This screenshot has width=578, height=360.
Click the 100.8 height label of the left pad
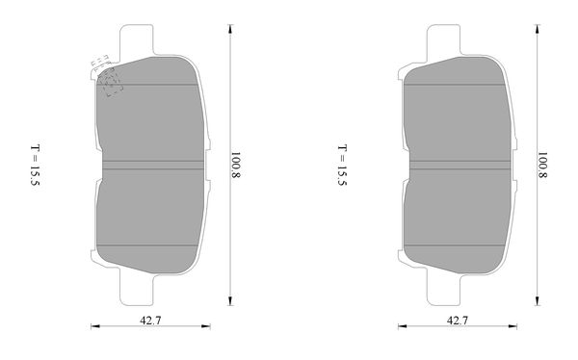pos(236,165)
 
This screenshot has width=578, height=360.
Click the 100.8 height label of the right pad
pos(542,165)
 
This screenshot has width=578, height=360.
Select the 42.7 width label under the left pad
pos(150,321)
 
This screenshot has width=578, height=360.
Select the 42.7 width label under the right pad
pos(458,321)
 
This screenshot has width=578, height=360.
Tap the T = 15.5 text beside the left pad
pos(35,165)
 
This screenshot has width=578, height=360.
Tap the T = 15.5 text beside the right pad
pos(342,165)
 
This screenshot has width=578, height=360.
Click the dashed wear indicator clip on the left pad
pos(107,75)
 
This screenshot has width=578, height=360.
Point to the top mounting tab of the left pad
pos(137,39)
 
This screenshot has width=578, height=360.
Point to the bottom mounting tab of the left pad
pos(137,290)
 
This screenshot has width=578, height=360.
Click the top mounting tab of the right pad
pos(443,39)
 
